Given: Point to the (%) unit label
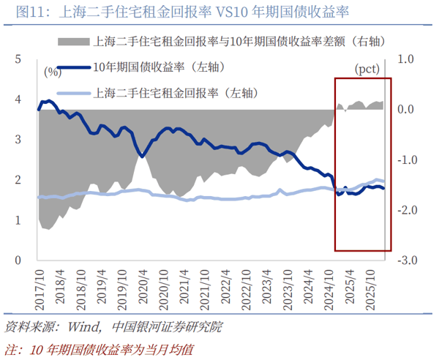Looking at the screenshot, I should (52, 72).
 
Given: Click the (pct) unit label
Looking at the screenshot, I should (367, 70).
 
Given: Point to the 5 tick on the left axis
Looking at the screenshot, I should (16, 59).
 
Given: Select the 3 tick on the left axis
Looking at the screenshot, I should (16, 140).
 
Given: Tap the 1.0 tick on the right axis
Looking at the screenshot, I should (406, 59).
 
